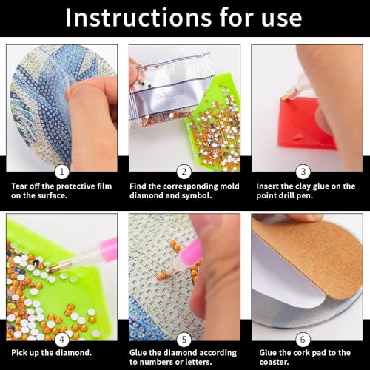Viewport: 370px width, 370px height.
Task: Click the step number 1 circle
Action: tap(61, 172)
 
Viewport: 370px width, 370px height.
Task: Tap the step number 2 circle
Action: tap(184, 172)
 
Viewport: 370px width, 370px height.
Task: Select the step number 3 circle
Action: tap(303, 172)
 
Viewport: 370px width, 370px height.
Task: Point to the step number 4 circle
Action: tap(61, 340)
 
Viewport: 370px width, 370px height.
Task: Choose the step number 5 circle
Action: tap(184, 340)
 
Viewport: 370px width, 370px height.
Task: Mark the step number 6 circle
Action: tap(303, 340)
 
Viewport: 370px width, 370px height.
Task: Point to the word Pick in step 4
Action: tap(19, 352)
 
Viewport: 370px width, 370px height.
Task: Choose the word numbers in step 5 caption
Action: tap(157, 362)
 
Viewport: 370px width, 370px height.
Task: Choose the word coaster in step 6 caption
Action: tap(273, 362)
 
